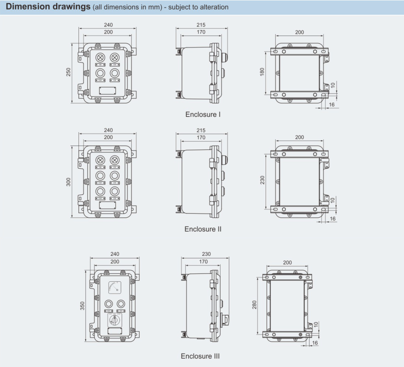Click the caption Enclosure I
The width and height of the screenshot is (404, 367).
[x=203, y=114]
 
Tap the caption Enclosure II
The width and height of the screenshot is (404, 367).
[x=203, y=229]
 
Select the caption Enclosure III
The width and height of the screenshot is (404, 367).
[x=200, y=356]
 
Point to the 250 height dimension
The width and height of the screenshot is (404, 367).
[x=68, y=73]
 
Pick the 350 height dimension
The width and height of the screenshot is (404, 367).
[x=82, y=306]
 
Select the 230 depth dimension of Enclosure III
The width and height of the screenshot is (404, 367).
[x=206, y=254]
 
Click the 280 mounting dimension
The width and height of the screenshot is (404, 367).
[x=254, y=305]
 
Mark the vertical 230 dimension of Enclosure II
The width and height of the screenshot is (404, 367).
[x=262, y=180]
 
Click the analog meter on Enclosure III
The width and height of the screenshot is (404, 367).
[x=115, y=287]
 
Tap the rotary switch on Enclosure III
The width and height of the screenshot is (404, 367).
[x=115, y=320]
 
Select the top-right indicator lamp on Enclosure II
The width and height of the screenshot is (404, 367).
[x=114, y=160]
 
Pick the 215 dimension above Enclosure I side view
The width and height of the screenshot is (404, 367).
[x=201, y=25]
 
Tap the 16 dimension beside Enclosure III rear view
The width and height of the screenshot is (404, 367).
[x=315, y=343]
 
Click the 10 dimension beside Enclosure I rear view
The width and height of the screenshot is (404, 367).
[x=333, y=85]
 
